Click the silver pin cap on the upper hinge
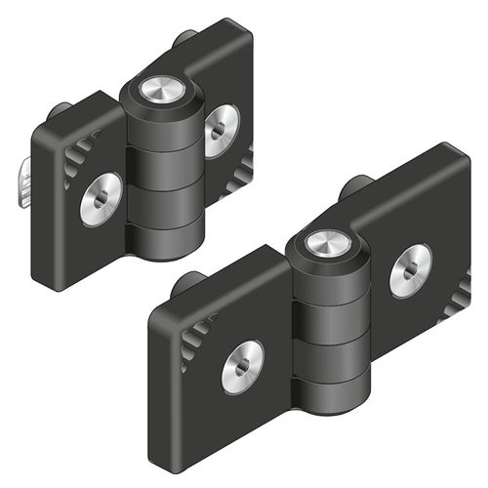tap(158, 90)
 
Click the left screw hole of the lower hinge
tap(241, 365)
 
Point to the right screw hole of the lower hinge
tap(410, 270)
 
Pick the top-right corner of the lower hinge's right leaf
tap(459, 152)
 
